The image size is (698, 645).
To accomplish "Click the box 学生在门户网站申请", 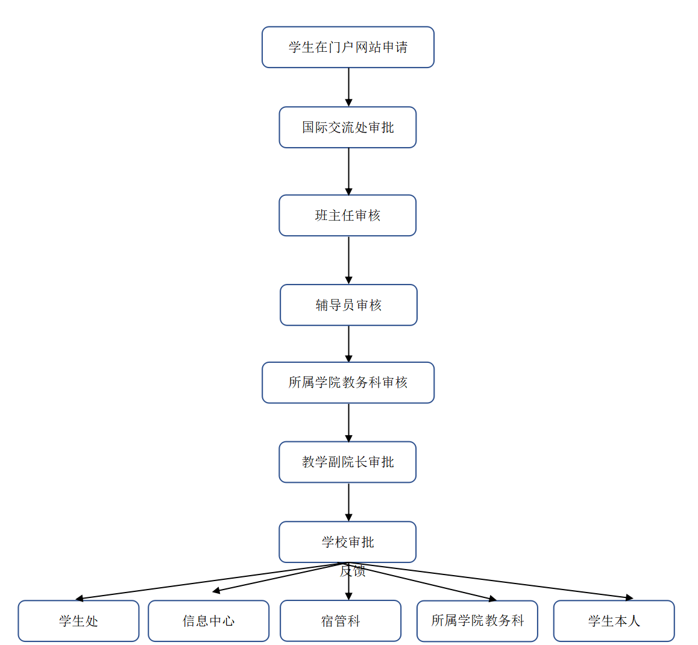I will [348, 47].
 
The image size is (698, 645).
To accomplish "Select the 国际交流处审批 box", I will [348, 127].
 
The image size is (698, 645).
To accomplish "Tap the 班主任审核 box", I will [348, 215].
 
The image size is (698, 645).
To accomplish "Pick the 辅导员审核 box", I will [348, 305].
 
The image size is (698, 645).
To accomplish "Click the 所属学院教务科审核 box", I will [348, 382].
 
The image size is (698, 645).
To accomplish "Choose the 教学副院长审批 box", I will [348, 462].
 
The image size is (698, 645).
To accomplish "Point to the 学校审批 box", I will [348, 542].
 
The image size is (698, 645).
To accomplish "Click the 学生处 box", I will [78, 621].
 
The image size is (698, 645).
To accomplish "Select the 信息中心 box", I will [209, 621].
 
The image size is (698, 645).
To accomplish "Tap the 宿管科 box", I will [341, 621].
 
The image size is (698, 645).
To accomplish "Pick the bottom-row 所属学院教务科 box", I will [477, 621].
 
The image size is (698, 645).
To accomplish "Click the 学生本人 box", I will [614, 621].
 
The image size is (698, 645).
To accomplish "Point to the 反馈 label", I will [353, 571].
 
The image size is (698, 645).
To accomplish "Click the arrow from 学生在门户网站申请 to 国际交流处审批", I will [348, 87].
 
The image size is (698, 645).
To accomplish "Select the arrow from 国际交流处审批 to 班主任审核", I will [348, 171].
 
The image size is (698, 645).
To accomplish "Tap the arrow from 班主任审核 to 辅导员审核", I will [348, 260].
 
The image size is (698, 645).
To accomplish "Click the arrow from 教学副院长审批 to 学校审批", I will [348, 502].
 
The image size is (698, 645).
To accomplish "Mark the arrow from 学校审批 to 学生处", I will [211, 581].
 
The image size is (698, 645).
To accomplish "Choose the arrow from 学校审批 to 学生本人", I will [488, 580].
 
